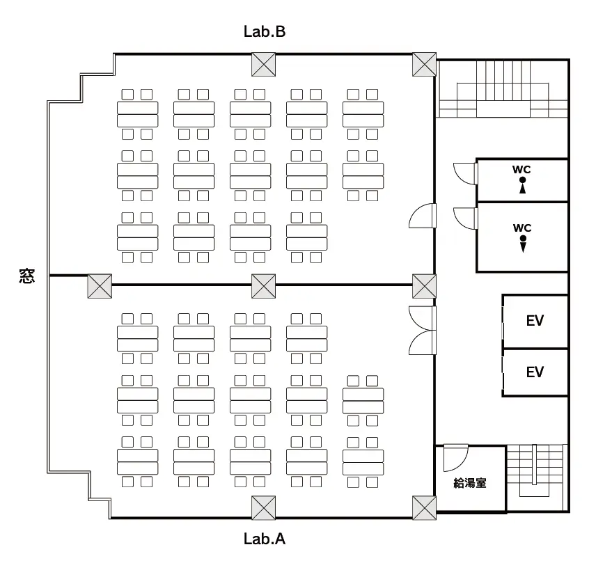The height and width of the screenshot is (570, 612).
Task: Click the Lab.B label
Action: pos(265,31)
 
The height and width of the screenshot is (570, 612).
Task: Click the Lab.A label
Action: pos(265,539)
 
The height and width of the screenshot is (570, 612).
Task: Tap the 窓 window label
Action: pos(27,276)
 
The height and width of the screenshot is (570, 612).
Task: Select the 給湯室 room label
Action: pos(470,483)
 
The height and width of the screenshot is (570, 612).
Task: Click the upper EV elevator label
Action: pos(535,321)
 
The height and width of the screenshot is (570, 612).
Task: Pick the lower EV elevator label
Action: pos(535,372)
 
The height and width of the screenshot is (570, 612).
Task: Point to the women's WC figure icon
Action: pos(522,185)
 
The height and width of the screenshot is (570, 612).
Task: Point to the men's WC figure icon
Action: pos(523,244)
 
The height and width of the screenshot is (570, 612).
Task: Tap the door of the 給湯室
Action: pos(455,457)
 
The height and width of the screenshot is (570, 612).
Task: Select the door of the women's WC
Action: pos(465,173)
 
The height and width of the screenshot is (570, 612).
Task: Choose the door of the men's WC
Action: pos(465,219)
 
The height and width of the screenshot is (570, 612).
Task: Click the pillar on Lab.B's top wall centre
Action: pos(263,64)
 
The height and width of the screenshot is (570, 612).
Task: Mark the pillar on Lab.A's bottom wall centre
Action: pos(263,507)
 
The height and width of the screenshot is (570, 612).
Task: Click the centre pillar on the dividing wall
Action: pos(263,286)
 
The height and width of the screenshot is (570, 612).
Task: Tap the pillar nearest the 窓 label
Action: pos(100,286)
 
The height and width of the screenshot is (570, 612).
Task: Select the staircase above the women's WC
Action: pos(503,89)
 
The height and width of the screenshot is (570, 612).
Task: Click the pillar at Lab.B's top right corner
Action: pos(424,64)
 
